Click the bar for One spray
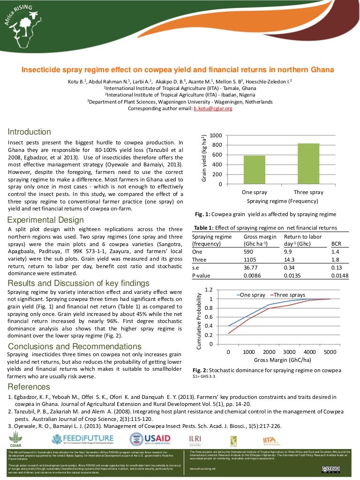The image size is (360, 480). [x=254, y=169]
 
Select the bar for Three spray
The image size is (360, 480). [x=308, y=164]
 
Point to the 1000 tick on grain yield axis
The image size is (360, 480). [x=216, y=135]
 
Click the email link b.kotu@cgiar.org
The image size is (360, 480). [x=213, y=108]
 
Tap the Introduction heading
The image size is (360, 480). [x=29, y=132]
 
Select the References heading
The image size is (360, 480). [x=29, y=387]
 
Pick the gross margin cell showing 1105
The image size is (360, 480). [x=252, y=260]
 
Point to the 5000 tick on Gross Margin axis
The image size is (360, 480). [x=330, y=352]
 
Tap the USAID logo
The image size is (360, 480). [x=150, y=440]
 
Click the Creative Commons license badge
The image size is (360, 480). [x=330, y=469]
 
